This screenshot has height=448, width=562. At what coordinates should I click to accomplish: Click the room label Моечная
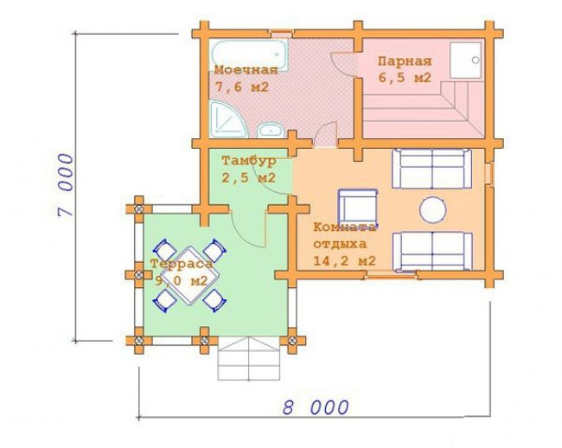246,70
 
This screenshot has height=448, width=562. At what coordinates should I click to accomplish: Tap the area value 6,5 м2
405,78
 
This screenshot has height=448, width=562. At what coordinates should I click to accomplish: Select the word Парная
405,61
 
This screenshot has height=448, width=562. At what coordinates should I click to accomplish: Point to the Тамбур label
249,161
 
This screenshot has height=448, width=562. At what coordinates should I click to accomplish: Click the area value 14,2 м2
344,260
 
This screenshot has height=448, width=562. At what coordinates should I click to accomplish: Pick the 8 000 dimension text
316,407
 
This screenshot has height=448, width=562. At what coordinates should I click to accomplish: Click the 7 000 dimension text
66,185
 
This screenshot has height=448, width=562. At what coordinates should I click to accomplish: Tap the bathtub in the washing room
250,54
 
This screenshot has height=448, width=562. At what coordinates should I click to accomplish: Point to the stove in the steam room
465,61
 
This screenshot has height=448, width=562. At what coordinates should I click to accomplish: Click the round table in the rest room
433,209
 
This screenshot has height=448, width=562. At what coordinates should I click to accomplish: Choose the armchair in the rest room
358,207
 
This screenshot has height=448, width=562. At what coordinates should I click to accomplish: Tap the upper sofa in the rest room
432,169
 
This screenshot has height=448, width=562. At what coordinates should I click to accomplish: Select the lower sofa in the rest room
432,251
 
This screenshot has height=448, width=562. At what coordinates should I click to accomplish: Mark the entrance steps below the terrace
249,358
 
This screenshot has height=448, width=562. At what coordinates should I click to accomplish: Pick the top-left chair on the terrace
165,249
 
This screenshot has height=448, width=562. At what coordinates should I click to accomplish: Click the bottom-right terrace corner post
292,340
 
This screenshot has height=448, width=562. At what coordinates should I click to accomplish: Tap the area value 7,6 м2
242,86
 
